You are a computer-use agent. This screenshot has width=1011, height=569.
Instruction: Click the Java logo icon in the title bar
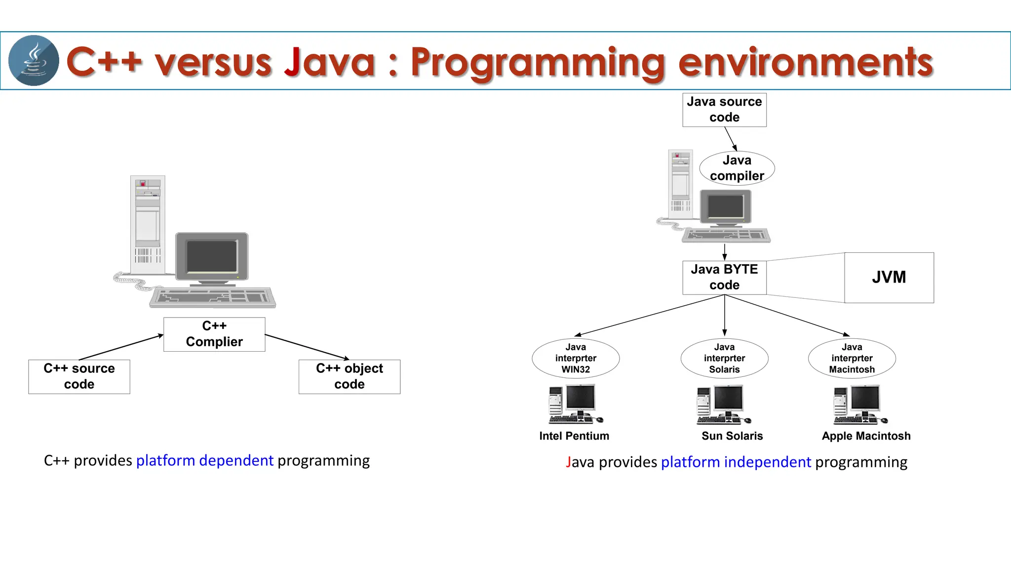pyautogui.click(x=34, y=60)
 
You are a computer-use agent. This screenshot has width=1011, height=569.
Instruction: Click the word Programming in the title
pyautogui.click(x=538, y=63)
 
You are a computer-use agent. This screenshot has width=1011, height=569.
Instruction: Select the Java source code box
pyautogui.click(x=724, y=110)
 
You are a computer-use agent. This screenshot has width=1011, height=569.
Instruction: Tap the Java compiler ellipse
pyautogui.click(x=737, y=168)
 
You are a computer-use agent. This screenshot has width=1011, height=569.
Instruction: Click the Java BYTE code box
pyautogui.click(x=724, y=277)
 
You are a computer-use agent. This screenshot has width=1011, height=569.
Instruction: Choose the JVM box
pyautogui.click(x=889, y=277)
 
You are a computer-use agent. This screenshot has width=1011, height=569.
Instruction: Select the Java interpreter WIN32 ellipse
pyautogui.click(x=576, y=358)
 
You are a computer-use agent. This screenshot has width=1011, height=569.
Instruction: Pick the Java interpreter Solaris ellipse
pyautogui.click(x=724, y=358)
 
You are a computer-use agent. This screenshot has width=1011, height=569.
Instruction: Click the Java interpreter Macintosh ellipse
pyautogui.click(x=852, y=358)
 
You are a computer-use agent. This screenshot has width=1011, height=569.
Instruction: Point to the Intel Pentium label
pyautogui.click(x=574, y=436)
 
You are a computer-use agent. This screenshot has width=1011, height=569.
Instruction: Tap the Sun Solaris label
pyautogui.click(x=732, y=436)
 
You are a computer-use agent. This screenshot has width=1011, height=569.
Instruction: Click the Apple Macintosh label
pyautogui.click(x=866, y=436)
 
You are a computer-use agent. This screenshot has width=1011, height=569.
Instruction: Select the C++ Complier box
pyautogui.click(x=214, y=334)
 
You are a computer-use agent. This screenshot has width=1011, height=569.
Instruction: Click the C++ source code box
pyautogui.click(x=79, y=376)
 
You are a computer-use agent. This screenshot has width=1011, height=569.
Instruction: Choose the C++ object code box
pyautogui.click(x=350, y=376)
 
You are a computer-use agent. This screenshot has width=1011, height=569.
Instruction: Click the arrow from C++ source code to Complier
pyautogui.click(x=121, y=347)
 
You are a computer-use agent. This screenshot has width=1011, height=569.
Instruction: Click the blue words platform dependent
pyautogui.click(x=204, y=460)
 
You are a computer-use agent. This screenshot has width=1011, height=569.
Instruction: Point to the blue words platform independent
pyautogui.click(x=736, y=462)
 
